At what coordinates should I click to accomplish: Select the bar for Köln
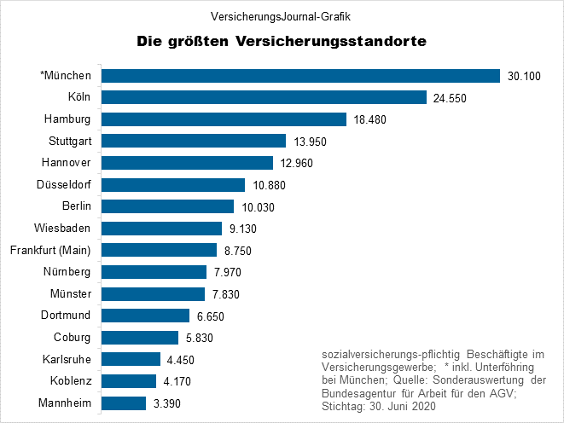pyautogui.click(x=264, y=97)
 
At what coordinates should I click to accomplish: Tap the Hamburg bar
pyautogui.click(x=224, y=119)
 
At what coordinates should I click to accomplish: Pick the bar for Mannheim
pyautogui.click(x=124, y=403)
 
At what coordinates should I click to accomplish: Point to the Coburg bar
pyautogui.click(x=140, y=337)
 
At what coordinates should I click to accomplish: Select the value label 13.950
pyautogui.click(x=310, y=142)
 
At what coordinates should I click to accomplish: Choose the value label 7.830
pyautogui.click(x=229, y=294)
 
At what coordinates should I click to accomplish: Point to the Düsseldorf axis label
pyautogui.click(x=66, y=184)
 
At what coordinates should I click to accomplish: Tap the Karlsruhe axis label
pyautogui.click(x=67, y=359)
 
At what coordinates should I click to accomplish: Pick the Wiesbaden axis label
pyautogui.click(x=67, y=229)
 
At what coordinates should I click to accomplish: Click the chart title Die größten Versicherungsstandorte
pyautogui.click(x=282, y=41)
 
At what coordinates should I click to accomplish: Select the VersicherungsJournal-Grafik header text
pyautogui.click(x=282, y=15)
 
